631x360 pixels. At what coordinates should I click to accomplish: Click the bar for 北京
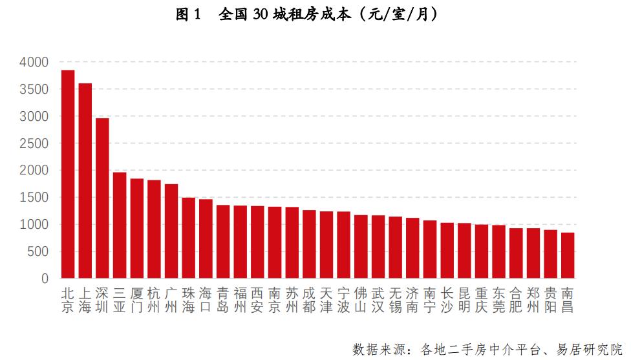pyautogui.click(x=68, y=174)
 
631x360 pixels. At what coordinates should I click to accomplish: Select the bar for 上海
pyautogui.click(x=85, y=180)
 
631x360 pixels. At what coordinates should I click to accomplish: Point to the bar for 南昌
pyautogui.click(x=567, y=255)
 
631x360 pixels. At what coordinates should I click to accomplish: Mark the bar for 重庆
pyautogui.click(x=481, y=251)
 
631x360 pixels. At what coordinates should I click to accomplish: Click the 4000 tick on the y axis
pyautogui.click(x=34, y=63)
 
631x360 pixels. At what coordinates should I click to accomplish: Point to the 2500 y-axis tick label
pyautogui.click(x=34, y=143)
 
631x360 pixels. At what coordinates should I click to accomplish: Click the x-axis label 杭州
pyautogui.click(x=154, y=299)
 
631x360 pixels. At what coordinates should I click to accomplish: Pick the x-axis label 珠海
pyautogui.click(x=188, y=299)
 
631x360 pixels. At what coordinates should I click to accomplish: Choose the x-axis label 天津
pyautogui.click(x=326, y=299)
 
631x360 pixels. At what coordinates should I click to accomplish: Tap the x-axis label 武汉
pyautogui.click(x=378, y=299)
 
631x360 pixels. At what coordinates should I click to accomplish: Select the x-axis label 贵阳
pyautogui.click(x=550, y=299)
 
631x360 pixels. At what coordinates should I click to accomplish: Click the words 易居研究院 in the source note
pyautogui.click(x=592, y=349)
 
